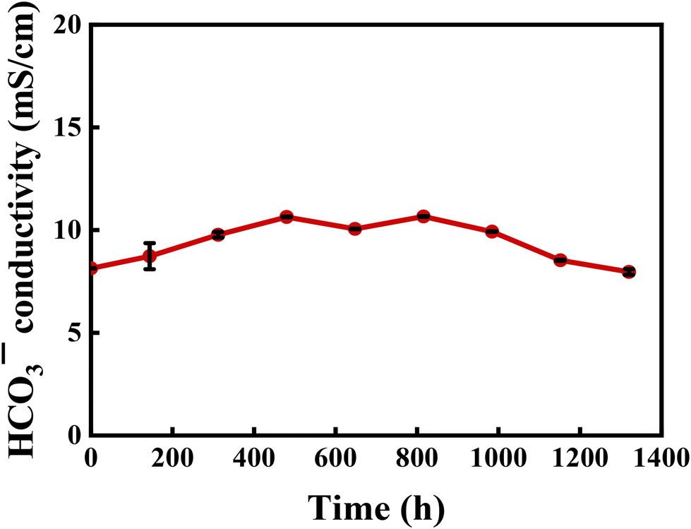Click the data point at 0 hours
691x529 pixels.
(92, 268)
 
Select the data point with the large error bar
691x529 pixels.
(149, 256)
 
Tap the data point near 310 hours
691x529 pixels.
(218, 234)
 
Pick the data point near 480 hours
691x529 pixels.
(286, 216)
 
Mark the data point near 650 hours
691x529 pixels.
(354, 229)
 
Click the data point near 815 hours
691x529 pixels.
(423, 216)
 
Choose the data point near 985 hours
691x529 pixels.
(492, 231)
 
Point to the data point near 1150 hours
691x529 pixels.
(560, 260)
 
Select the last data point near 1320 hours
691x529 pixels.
(629, 272)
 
